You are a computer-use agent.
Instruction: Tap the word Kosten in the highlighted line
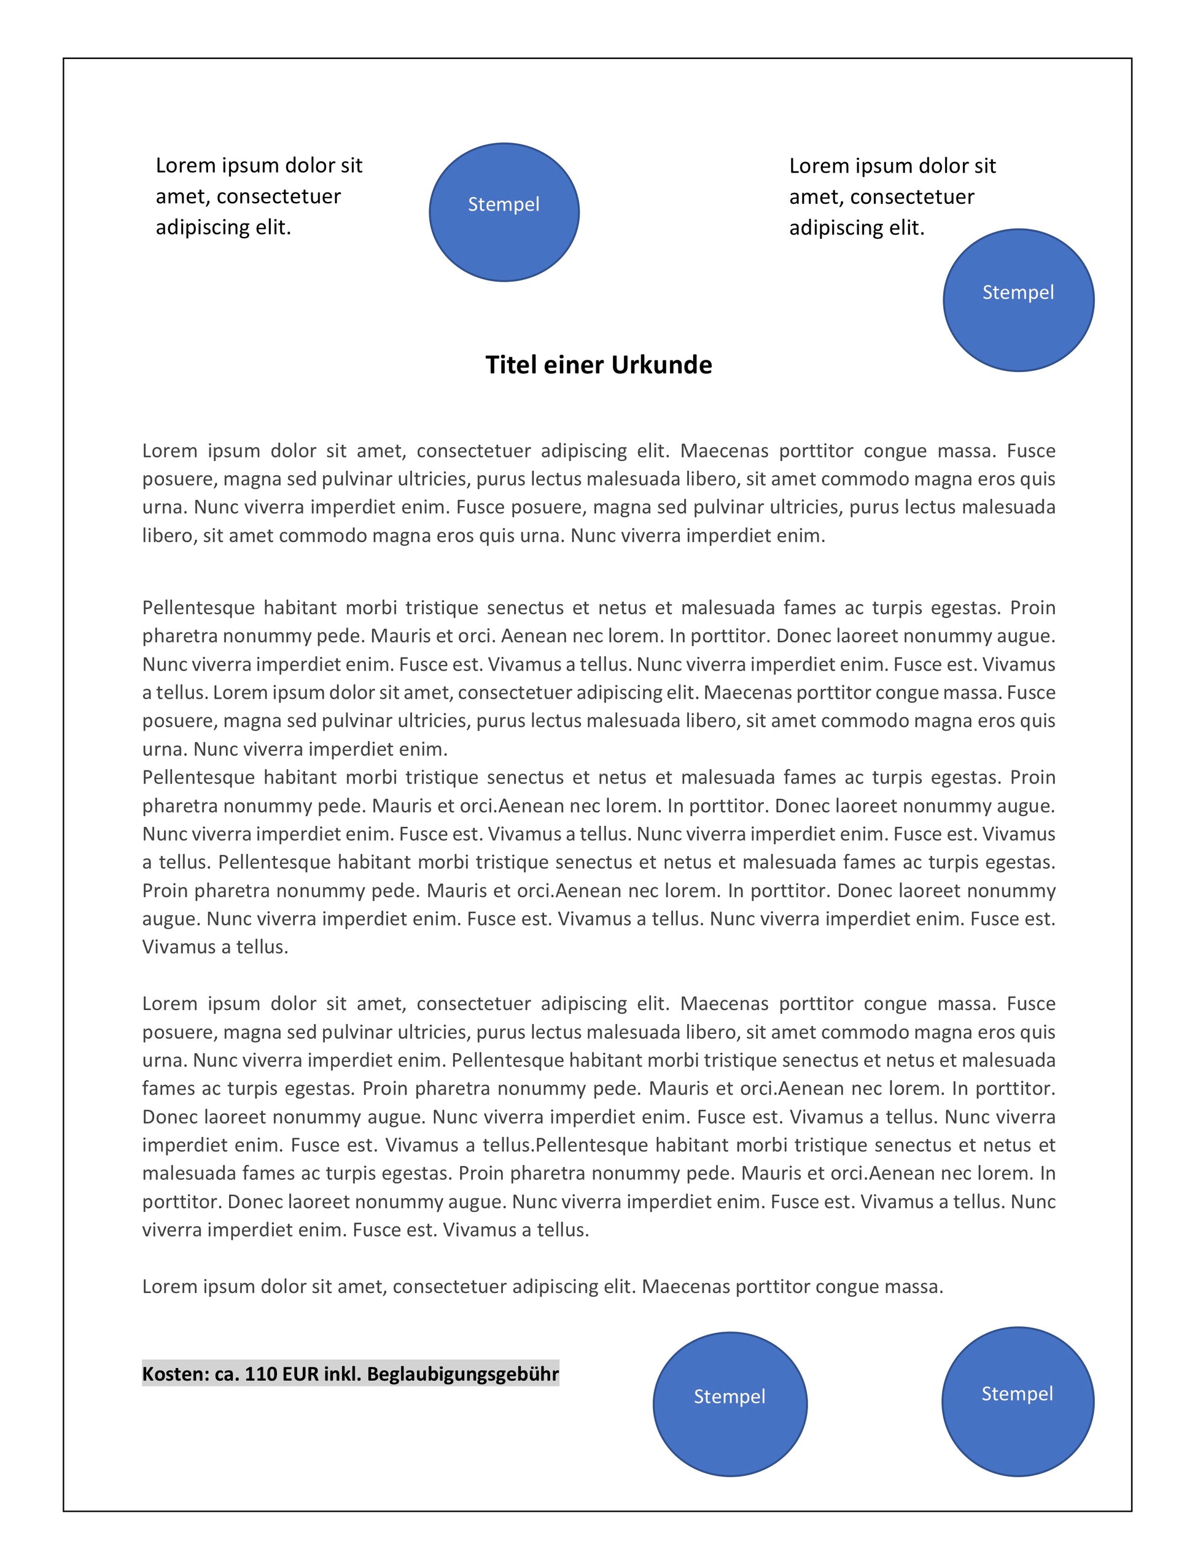[176, 1375]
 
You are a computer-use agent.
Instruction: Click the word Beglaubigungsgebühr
[463, 1375]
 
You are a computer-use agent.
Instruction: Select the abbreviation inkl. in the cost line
[343, 1375]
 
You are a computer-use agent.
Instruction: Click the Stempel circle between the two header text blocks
[504, 212]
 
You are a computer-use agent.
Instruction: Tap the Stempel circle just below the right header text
[1018, 300]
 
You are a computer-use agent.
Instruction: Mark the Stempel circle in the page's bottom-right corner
[1018, 1402]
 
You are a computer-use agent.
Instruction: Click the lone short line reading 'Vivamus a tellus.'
[215, 947]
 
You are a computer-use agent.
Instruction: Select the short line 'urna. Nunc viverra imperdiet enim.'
[295, 749]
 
